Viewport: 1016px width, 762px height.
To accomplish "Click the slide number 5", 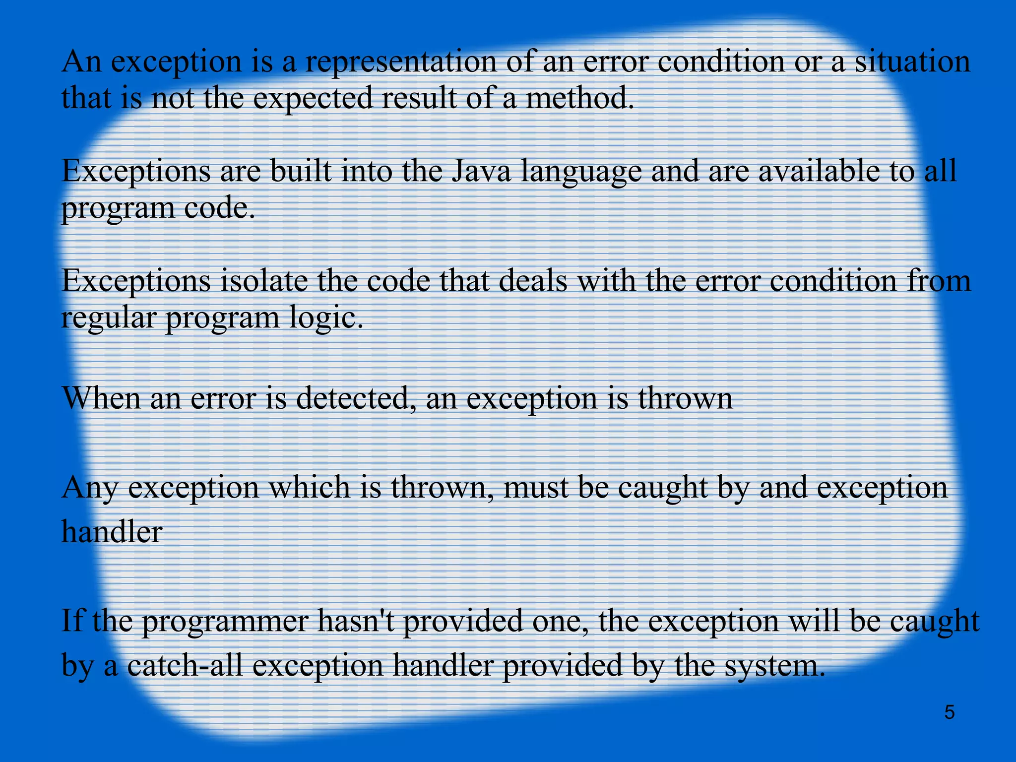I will (x=949, y=712).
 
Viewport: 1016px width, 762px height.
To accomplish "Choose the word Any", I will (x=89, y=488).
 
